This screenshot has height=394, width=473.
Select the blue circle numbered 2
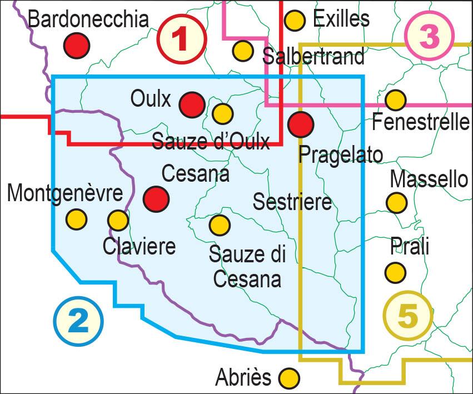coord(78,321)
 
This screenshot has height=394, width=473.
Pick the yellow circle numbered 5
coord(407,315)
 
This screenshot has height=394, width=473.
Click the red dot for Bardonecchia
coord(76,45)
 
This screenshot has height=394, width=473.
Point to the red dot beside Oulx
coord(192,104)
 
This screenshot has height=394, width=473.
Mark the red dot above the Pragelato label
coord(301,124)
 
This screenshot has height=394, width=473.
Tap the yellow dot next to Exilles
coord(295,21)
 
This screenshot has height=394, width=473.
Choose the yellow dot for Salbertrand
coord(243,51)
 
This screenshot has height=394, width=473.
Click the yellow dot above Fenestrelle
coord(395,100)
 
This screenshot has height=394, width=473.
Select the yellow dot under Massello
coord(396,202)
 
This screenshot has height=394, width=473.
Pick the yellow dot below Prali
coord(395,272)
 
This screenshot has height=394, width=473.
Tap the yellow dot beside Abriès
coord(288,378)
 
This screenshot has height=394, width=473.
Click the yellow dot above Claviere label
coord(118,220)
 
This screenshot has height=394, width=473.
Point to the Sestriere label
coord(292,201)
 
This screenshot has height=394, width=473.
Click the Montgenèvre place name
coord(65,193)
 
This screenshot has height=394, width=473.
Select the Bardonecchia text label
coord(88,19)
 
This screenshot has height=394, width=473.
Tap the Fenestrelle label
coord(421,121)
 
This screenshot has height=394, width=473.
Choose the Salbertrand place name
coord(313,56)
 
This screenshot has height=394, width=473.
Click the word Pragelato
coord(340,154)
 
